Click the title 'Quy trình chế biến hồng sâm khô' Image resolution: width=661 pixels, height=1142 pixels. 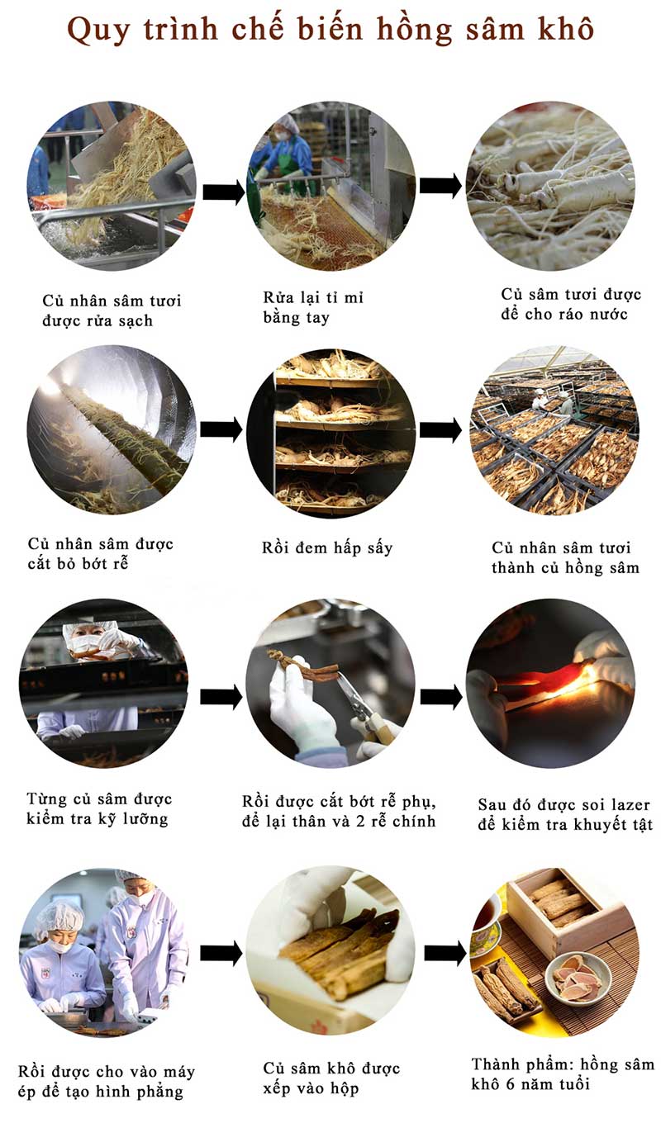pyautogui.click(x=330, y=30)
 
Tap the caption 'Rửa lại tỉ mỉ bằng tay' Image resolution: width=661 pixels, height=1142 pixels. pyautogui.click(x=313, y=307)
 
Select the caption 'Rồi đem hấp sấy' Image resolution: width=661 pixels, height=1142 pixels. pyautogui.click(x=327, y=548)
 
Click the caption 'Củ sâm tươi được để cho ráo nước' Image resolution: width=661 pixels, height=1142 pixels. pyautogui.click(x=571, y=304)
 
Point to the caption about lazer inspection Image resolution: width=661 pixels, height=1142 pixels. pyautogui.click(x=565, y=814)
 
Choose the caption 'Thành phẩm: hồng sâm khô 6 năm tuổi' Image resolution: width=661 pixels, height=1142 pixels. pyautogui.click(x=563, y=1074)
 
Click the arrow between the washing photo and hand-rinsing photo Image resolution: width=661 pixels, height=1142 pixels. pyautogui.click(x=224, y=192)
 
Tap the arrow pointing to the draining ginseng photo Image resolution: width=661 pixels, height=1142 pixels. pyautogui.click(x=440, y=186)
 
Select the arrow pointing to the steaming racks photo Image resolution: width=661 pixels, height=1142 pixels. pyautogui.click(x=221, y=429)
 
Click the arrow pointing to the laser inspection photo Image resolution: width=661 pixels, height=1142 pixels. pyautogui.click(x=441, y=696)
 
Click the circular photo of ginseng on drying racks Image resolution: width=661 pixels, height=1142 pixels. pyautogui.click(x=554, y=430)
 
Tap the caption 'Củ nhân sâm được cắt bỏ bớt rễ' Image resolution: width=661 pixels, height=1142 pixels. pyautogui.click(x=101, y=554)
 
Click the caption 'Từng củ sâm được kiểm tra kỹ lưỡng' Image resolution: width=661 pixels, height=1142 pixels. pyautogui.click(x=99, y=809)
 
